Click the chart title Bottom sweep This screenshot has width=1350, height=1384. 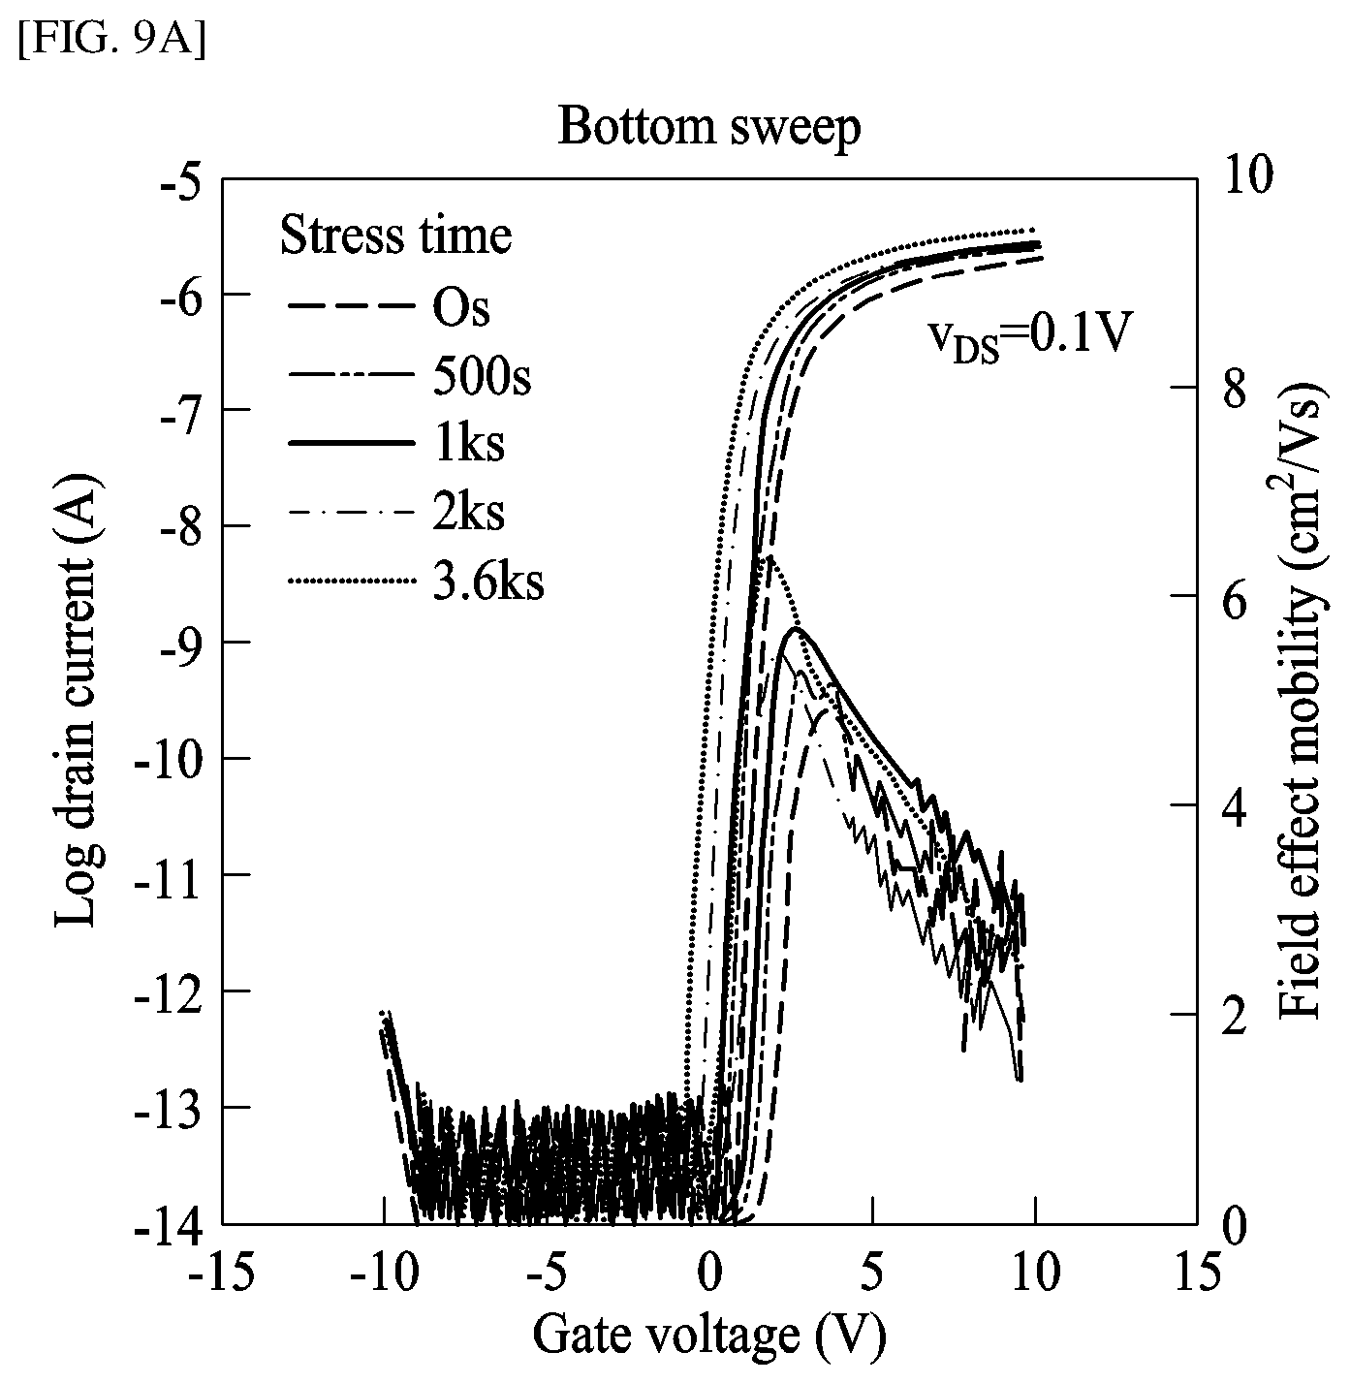tap(709, 128)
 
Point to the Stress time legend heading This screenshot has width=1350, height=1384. tap(395, 236)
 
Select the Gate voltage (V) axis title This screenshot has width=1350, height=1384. tap(709, 1337)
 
